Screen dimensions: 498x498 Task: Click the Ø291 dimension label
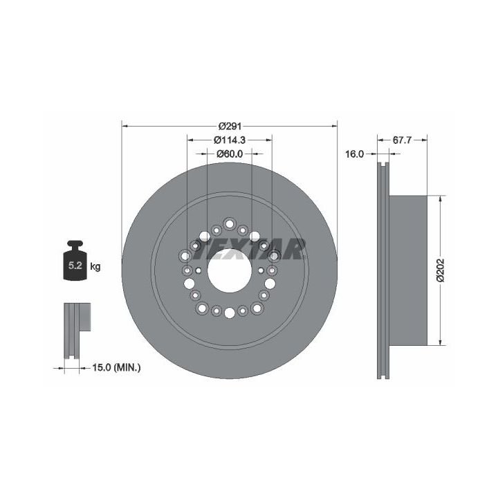pyautogui.click(x=230, y=127)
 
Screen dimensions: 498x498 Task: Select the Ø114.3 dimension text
pyautogui.click(x=230, y=140)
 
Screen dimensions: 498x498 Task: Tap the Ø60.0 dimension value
pyautogui.click(x=230, y=154)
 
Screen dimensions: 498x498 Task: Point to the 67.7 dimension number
pyautogui.click(x=402, y=140)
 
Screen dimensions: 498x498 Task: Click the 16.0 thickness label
pyautogui.click(x=354, y=154)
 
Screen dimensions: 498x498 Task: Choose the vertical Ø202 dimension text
pyautogui.click(x=441, y=270)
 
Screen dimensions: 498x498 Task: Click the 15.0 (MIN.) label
pyautogui.click(x=116, y=368)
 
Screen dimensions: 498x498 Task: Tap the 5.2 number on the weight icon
pyautogui.click(x=75, y=265)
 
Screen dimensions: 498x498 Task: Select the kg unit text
pyautogui.click(x=95, y=266)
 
